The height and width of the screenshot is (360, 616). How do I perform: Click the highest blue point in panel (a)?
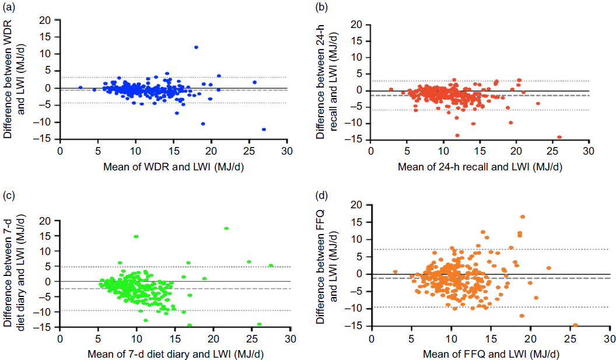click(x=197, y=47)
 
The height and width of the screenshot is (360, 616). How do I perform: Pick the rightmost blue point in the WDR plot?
click(x=264, y=130)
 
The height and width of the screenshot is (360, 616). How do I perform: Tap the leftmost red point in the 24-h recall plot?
click(x=391, y=89)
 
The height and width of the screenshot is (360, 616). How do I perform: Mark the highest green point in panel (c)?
click(x=226, y=228)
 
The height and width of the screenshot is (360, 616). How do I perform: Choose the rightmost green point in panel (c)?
click(x=271, y=265)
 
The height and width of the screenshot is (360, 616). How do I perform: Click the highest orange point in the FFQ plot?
click(x=523, y=217)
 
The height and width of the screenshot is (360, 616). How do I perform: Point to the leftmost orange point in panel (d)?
click(x=395, y=272)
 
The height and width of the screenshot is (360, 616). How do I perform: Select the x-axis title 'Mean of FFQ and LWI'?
click(x=489, y=354)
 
